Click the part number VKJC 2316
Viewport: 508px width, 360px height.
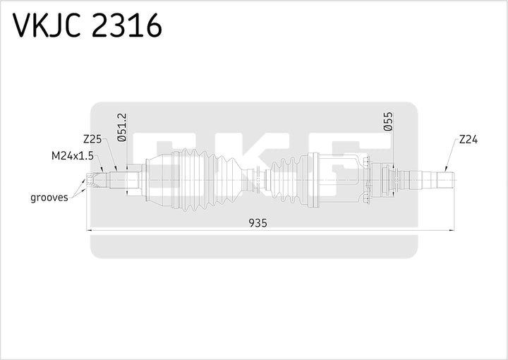[x=87, y=26]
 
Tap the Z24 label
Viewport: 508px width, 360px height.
[x=468, y=140]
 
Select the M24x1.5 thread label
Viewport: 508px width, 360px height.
[x=73, y=155]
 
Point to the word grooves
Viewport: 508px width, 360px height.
[x=49, y=197]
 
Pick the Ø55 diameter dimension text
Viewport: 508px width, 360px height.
[x=388, y=121]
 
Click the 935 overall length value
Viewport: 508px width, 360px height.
[x=258, y=223]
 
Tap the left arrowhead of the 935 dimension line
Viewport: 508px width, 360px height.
[x=89, y=229]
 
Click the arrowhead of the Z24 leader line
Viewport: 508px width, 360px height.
[x=445, y=170]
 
